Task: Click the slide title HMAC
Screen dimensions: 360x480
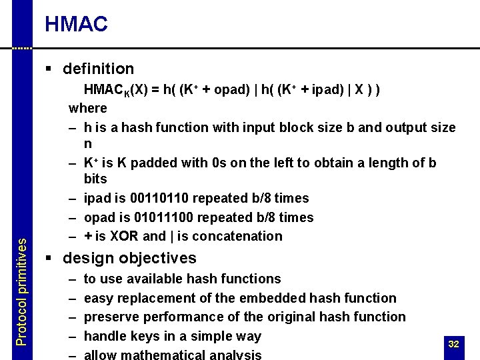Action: click(x=76, y=25)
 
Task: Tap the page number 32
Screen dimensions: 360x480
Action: click(x=454, y=344)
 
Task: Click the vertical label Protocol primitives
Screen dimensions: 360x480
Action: click(x=21, y=292)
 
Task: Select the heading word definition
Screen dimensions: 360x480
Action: click(x=98, y=69)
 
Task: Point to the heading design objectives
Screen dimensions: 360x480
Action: click(x=129, y=258)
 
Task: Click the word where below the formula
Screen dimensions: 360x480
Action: click(x=88, y=108)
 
